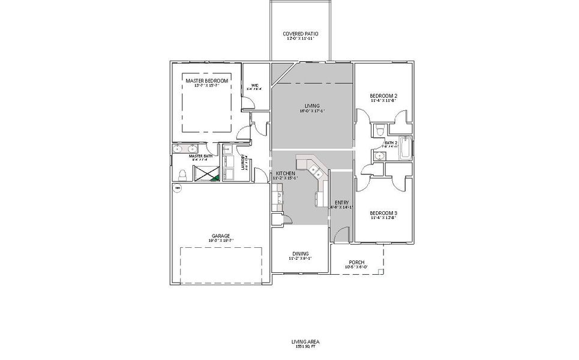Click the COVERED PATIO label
click(300, 34)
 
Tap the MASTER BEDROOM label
click(206, 80)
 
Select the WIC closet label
click(254, 85)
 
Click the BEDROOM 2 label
click(383, 96)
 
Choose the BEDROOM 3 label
click(383, 213)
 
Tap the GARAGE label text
click(220, 236)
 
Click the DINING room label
click(301, 253)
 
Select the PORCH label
click(356, 262)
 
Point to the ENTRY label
click(341, 202)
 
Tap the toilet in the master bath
click(182, 174)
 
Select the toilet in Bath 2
click(379, 131)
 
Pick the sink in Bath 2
click(378, 156)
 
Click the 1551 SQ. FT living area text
click(305, 347)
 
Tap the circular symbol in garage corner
click(177, 188)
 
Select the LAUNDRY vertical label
click(243, 163)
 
